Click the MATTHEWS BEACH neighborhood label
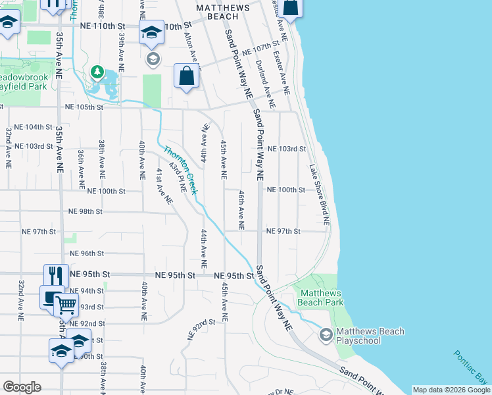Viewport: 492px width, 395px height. tap(223, 13)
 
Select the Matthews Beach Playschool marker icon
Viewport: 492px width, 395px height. tap(326, 336)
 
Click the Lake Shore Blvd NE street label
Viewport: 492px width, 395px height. tap(319, 193)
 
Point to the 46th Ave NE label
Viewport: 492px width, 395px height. tap(241, 210)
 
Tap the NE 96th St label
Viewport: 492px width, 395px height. tap(87, 253)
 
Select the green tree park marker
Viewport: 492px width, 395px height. tap(97, 70)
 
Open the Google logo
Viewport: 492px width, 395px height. tap(22, 387)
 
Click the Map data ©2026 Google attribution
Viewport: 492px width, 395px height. tap(451, 390)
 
